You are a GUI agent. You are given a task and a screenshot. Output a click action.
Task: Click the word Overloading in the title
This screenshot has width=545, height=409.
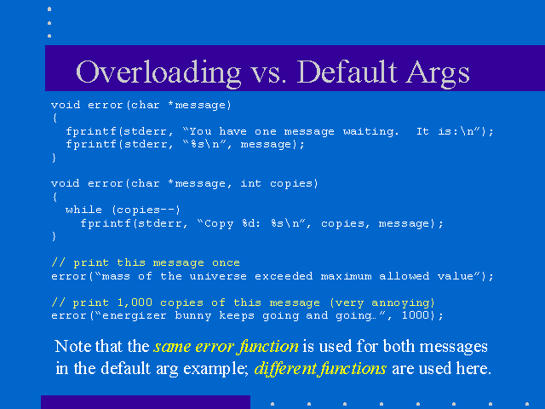tap(158, 72)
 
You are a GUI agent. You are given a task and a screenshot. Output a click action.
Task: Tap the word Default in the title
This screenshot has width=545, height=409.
tap(347, 72)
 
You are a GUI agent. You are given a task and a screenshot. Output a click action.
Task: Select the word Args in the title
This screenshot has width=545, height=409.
tap(438, 74)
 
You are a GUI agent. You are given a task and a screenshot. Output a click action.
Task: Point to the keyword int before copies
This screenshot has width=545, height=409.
tap(251, 183)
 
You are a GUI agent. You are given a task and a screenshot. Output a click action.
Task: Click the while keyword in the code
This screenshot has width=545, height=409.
tap(83, 210)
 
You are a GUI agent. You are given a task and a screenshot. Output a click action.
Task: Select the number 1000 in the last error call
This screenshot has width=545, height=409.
tap(416, 315)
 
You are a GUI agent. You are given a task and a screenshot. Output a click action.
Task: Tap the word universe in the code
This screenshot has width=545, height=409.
tap(218, 276)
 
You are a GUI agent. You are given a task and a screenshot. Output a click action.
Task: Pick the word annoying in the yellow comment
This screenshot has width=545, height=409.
tap(401, 303)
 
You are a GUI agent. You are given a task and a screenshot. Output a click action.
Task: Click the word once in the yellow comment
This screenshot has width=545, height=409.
tap(226, 262)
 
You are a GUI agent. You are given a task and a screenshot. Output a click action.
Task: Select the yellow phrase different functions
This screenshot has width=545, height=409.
tap(320, 368)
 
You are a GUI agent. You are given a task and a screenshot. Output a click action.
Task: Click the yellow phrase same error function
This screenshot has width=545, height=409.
tap(226, 347)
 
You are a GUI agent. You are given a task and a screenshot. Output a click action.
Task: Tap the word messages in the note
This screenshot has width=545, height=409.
tap(453, 347)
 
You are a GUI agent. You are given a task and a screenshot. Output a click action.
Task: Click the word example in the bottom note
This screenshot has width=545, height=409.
tap(215, 369)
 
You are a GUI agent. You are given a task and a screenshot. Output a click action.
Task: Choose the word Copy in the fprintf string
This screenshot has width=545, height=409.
tap(219, 223)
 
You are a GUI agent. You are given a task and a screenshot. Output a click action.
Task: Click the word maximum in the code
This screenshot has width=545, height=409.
tap(346, 276)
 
